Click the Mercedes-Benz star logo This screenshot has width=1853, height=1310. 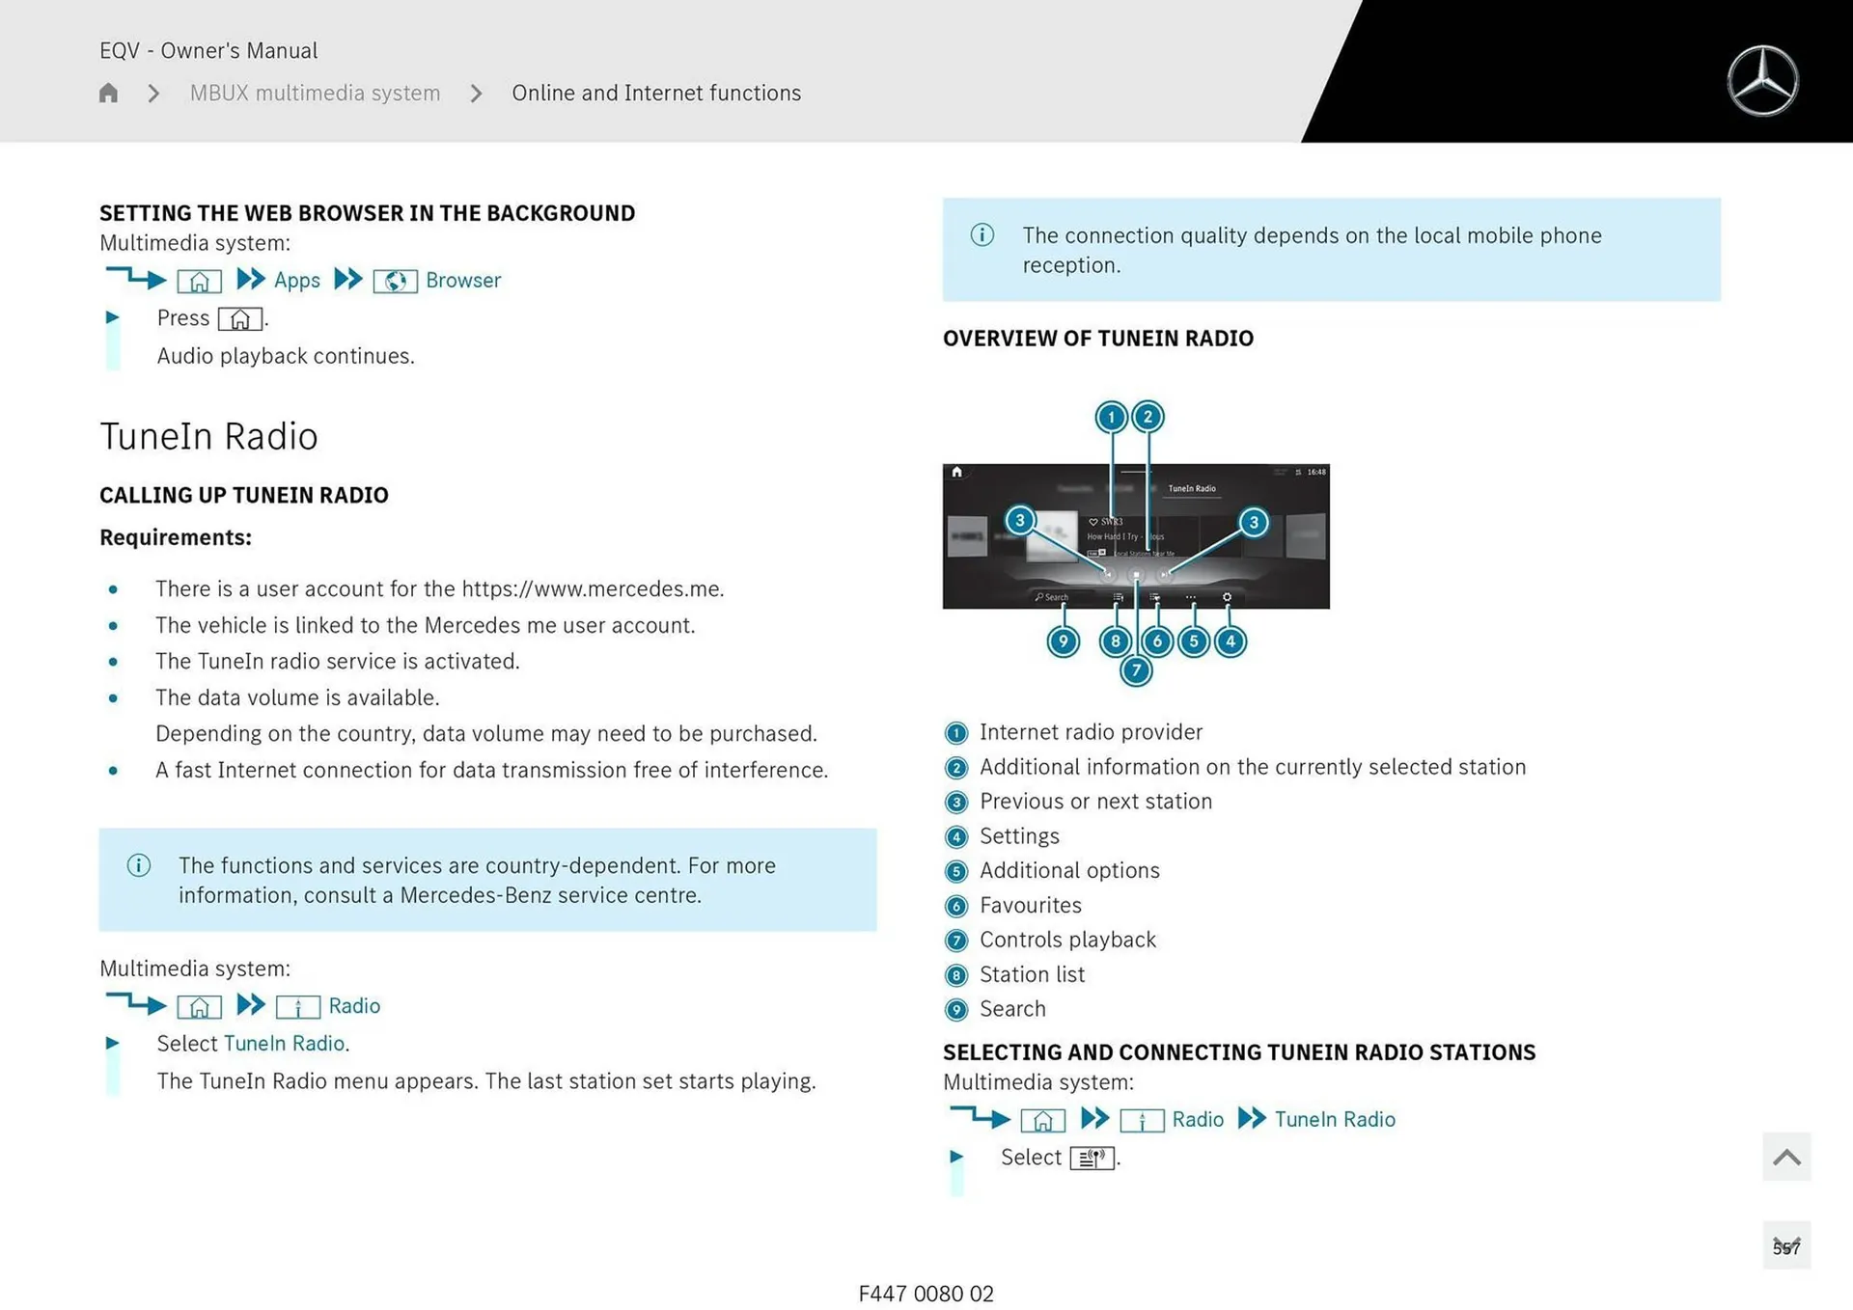tap(1762, 81)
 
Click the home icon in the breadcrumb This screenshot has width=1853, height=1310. tap(108, 93)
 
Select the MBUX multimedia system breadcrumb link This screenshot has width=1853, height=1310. tap(315, 93)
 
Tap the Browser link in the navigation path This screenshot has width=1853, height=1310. tap(463, 281)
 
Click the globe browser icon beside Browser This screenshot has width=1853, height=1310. tap(395, 282)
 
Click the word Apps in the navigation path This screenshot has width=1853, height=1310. tap(296, 281)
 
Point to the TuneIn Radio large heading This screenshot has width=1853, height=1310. tap(208, 436)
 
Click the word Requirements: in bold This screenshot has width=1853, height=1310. tap(175, 537)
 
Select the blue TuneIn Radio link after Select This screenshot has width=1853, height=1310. tap(284, 1044)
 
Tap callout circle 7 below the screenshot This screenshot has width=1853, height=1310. tap(1136, 670)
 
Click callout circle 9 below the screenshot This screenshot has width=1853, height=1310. tap(1063, 641)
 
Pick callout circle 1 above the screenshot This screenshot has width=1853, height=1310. tap(1111, 417)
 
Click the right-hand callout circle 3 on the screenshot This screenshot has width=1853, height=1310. tap(1253, 523)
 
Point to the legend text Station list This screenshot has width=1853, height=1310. tap(1032, 974)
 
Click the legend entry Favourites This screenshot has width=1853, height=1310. tap(1030, 905)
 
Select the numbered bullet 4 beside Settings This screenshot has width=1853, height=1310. tap(955, 836)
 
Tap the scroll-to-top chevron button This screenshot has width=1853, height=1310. tap(1785, 1157)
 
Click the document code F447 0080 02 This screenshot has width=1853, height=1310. tap(926, 1294)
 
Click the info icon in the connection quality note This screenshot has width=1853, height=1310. tap(982, 235)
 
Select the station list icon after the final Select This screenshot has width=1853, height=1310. tap(1092, 1158)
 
